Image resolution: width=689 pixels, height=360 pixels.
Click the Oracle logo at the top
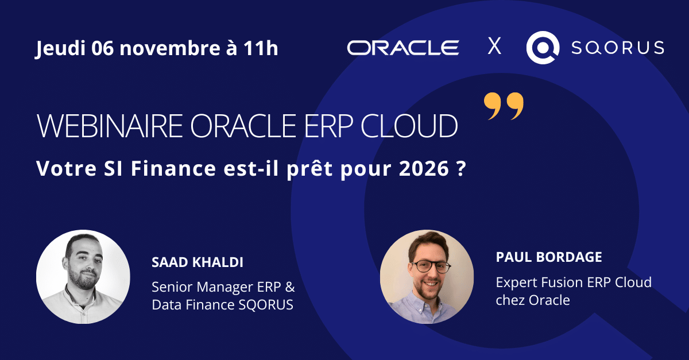(x=403, y=48)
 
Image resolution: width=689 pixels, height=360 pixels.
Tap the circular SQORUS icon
(x=543, y=48)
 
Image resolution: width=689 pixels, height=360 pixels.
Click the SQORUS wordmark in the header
(x=618, y=48)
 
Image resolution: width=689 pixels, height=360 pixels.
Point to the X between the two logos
(x=494, y=46)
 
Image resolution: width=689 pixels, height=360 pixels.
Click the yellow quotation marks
(x=504, y=106)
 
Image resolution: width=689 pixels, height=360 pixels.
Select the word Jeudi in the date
(x=60, y=48)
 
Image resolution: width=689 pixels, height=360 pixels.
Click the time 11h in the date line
(x=261, y=48)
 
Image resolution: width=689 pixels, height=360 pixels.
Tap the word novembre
(x=170, y=49)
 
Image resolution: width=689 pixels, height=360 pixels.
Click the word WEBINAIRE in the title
(x=110, y=126)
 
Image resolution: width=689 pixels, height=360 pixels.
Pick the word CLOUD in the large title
(x=409, y=126)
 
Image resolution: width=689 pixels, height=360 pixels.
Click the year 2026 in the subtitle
(x=424, y=169)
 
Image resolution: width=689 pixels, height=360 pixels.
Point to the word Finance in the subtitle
(x=173, y=169)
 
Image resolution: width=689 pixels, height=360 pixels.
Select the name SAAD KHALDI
(x=198, y=262)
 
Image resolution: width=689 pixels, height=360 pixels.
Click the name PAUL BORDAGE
(x=549, y=257)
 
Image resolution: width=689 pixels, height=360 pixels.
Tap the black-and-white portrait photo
(x=83, y=277)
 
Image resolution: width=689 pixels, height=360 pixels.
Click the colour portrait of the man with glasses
(x=427, y=277)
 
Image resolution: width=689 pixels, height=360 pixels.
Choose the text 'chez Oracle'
(x=533, y=300)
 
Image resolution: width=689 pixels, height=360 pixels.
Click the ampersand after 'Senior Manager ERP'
(x=290, y=287)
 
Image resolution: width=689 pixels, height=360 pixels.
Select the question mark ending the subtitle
(x=460, y=169)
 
